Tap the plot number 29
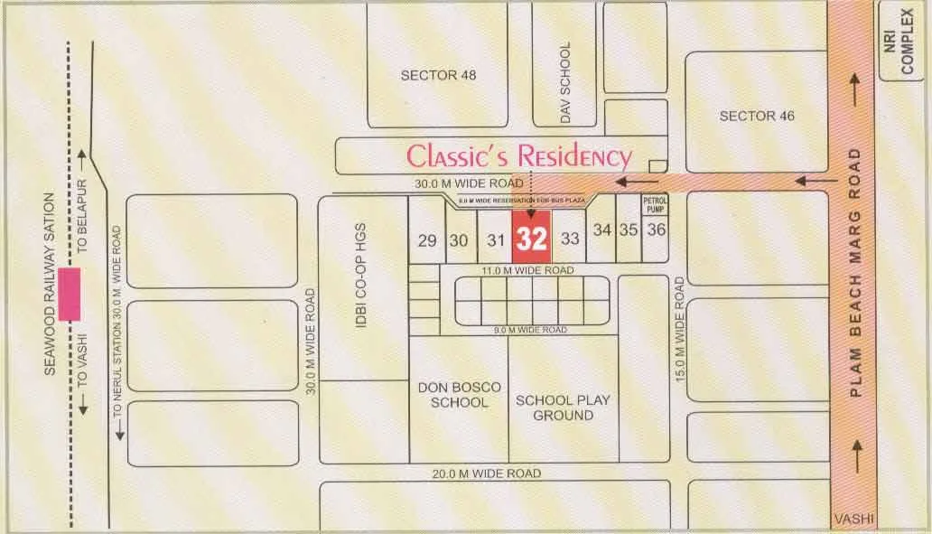tap(428, 240)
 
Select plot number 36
tap(657, 230)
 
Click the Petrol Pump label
tap(655, 204)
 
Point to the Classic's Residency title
tap(518, 156)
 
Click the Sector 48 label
tap(438, 75)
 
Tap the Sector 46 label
tap(757, 116)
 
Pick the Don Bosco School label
tap(459, 395)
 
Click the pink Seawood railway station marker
tap(70, 294)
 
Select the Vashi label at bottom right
tap(853, 519)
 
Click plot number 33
tap(570, 239)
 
